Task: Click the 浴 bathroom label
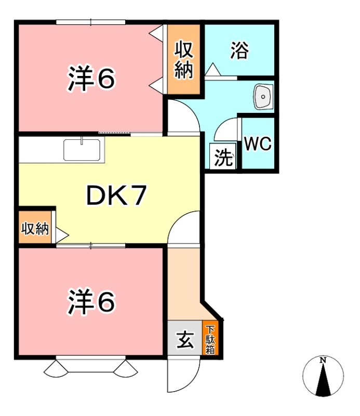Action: pos(239,50)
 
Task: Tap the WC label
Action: pos(258,144)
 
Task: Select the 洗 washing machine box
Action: pos(223,157)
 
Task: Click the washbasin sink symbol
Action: pos(263,96)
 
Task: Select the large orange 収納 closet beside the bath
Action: pos(183,60)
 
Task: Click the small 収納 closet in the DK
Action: pos(35,228)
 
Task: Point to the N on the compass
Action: pos(323,360)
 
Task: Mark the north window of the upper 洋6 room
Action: pos(91,22)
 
